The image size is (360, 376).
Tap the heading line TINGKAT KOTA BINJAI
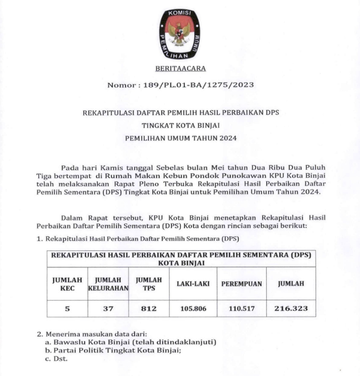180,125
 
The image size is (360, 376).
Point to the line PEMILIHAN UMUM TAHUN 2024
180,137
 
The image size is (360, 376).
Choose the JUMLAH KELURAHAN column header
108,284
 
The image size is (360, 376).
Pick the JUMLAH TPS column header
149,284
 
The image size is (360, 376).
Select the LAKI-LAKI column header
193,284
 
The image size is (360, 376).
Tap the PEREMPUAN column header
242,284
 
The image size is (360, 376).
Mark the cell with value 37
108,308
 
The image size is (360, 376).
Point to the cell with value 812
149,308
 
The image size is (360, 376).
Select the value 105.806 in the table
193,308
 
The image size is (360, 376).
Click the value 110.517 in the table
242,308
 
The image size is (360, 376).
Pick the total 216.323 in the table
291,308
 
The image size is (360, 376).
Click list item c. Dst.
56,359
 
